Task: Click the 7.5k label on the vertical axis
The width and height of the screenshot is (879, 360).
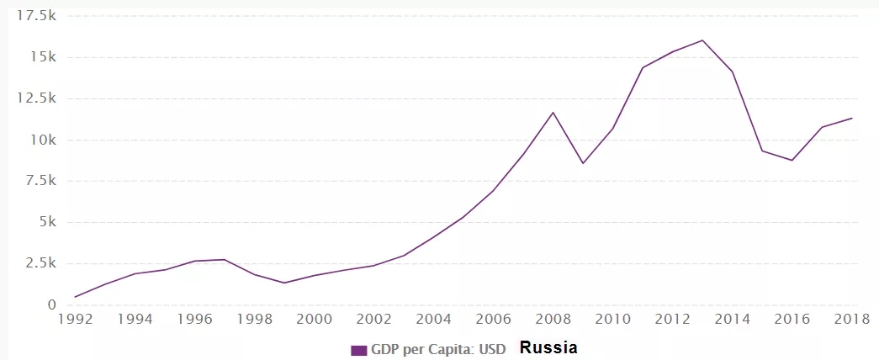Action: (39, 181)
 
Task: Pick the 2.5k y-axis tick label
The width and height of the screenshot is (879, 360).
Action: (39, 263)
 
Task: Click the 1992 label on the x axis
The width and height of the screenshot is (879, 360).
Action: (76, 320)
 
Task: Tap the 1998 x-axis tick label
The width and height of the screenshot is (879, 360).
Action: (254, 320)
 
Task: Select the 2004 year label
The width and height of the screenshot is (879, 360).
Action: (433, 320)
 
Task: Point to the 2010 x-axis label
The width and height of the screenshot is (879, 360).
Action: (612, 320)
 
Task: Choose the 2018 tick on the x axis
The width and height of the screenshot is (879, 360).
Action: (851, 320)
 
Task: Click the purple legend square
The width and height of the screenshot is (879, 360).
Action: (359, 350)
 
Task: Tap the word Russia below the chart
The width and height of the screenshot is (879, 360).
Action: (548, 347)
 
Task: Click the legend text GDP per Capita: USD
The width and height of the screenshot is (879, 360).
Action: (438, 350)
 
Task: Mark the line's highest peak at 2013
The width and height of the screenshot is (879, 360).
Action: (702, 40)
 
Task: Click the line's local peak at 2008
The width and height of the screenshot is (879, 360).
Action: (553, 112)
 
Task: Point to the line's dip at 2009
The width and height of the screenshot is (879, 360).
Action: (583, 163)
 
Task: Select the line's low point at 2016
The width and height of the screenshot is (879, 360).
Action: (792, 161)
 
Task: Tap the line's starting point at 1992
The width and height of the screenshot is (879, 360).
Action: (76, 297)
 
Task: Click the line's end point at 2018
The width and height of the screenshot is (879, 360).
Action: (851, 118)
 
